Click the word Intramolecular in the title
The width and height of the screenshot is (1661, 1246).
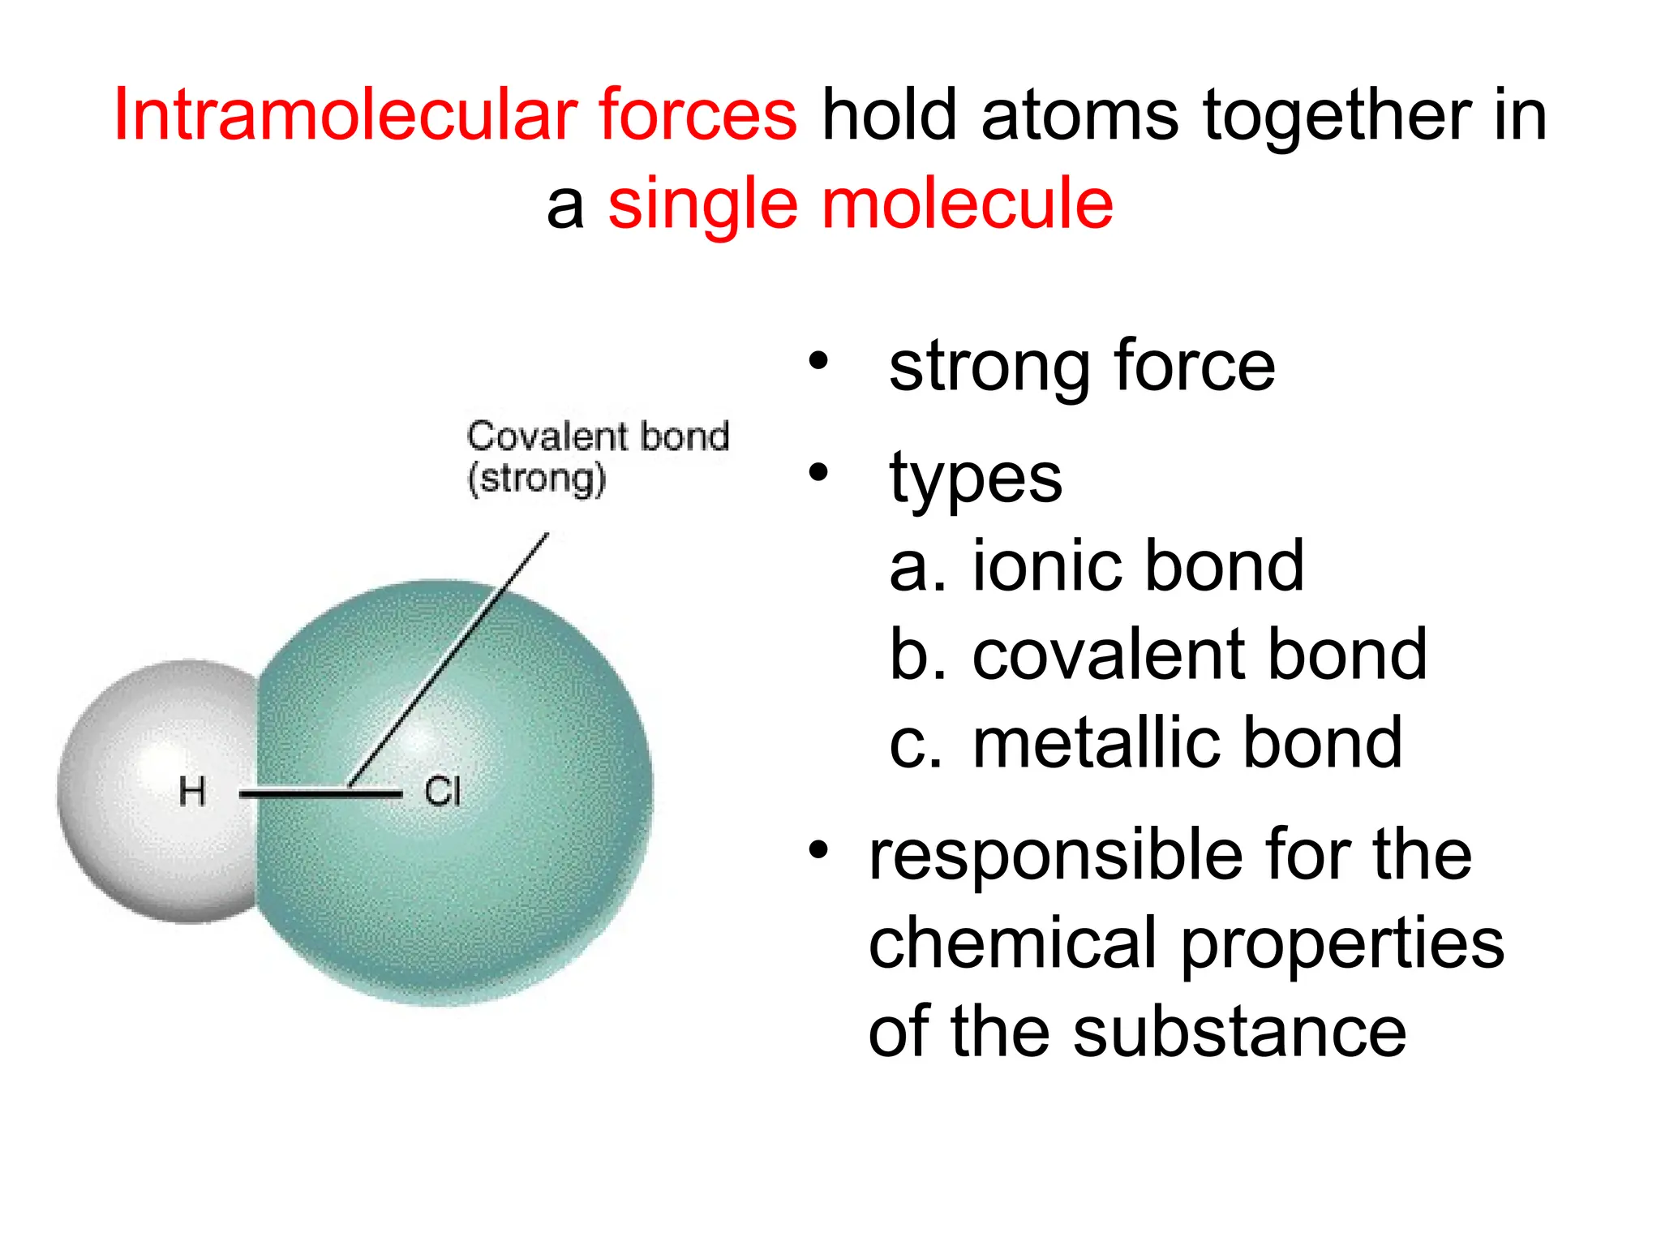pos(344,115)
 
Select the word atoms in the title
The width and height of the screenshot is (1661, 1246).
pos(1079,115)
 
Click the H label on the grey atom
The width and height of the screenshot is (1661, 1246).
pos(192,791)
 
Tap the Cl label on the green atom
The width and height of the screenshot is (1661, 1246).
pos(442,792)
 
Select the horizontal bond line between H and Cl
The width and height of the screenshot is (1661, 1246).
pos(320,793)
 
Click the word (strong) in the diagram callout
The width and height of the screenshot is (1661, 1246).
pos(536,479)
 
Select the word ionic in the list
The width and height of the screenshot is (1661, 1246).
pos(1047,565)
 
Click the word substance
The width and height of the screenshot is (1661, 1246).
pos(1240,1032)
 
